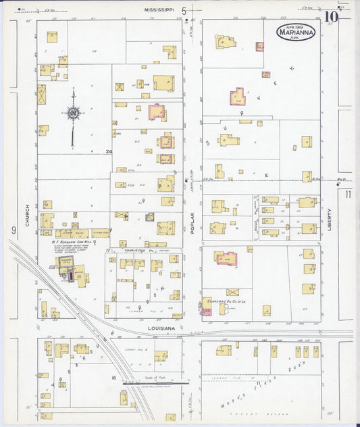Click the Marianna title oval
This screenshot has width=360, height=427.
pos(294,32)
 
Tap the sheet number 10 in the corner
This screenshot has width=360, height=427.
pos(330,17)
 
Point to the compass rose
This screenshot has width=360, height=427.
pos(73,113)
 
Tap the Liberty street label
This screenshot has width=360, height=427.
pos(330,220)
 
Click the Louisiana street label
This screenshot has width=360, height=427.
pos(162,328)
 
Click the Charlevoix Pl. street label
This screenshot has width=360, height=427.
pos(139,250)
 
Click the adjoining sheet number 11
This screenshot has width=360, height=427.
pos(348,195)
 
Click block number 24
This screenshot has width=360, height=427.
pos(108,152)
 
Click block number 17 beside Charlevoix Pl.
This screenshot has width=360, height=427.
pos(108,250)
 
